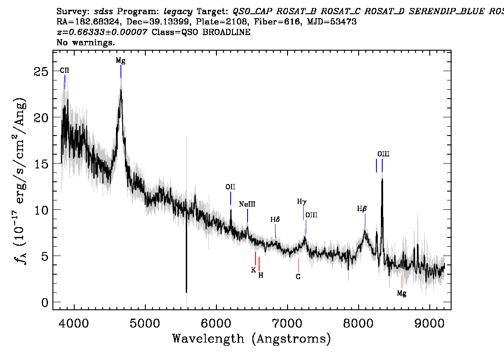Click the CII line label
point(64,70)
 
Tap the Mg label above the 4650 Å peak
point(121,61)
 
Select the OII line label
point(230,187)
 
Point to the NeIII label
point(247,204)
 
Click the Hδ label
point(275,220)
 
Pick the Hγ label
point(302,202)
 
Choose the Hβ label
point(362,209)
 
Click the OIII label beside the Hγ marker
point(311,215)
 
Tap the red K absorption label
point(253,270)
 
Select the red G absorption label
point(298,276)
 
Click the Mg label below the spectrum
point(402,293)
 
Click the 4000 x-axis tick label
point(74,324)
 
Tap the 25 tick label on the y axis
point(41,72)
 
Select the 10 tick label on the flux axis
point(41,210)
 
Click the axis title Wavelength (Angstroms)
point(252,339)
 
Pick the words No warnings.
point(85,42)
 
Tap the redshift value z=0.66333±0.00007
point(102,32)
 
